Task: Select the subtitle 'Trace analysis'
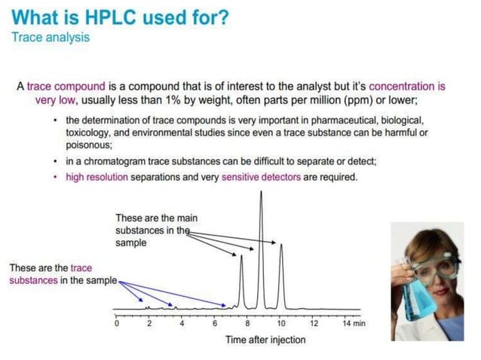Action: click(50, 37)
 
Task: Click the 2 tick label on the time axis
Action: click(149, 323)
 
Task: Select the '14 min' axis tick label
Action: click(354, 323)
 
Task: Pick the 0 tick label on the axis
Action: click(116, 323)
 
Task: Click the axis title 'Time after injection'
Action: click(265, 340)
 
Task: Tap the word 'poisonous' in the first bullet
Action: click(87, 146)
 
